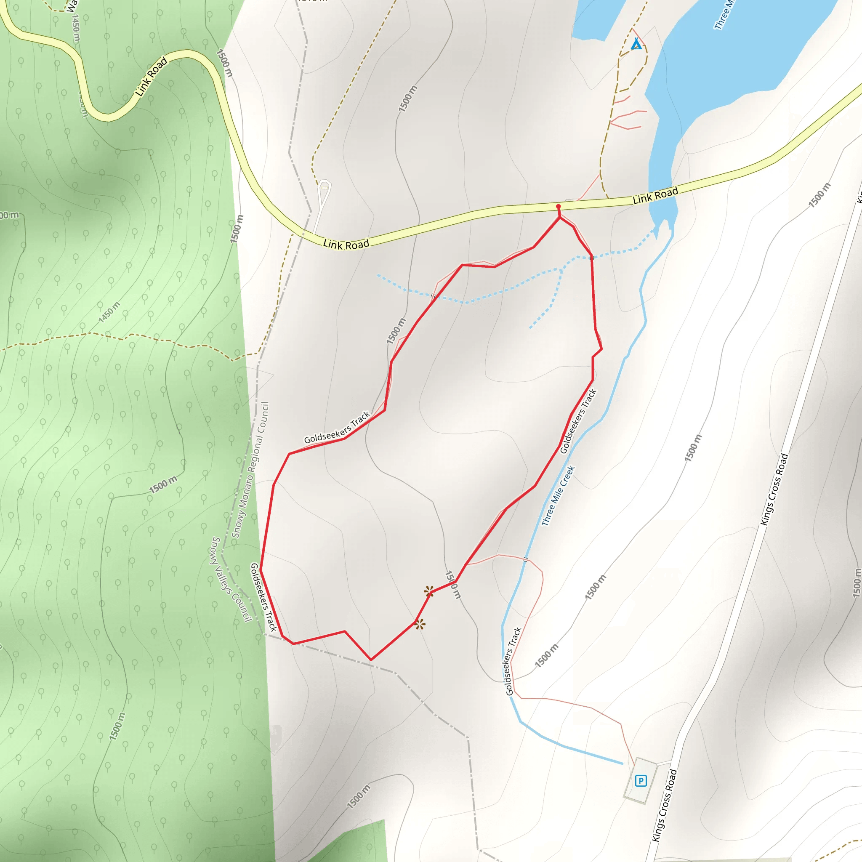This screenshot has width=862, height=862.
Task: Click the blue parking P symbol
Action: (x=641, y=781)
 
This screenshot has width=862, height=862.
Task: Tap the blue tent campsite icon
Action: (x=637, y=44)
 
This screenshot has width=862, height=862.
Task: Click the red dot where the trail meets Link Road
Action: (x=558, y=207)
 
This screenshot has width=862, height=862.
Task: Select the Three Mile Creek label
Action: (x=558, y=496)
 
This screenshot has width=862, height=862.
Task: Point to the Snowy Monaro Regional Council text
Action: (x=251, y=470)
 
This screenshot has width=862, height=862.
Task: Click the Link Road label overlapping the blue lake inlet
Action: (x=655, y=195)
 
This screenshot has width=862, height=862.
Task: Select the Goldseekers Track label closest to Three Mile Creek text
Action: (x=578, y=421)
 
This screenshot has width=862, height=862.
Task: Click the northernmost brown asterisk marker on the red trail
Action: (x=429, y=592)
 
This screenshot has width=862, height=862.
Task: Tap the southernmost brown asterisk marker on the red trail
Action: (x=419, y=624)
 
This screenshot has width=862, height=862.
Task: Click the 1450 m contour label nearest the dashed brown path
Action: (x=109, y=312)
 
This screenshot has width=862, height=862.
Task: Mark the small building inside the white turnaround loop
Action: (x=325, y=187)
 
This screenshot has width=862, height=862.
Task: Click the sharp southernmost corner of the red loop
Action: (x=371, y=660)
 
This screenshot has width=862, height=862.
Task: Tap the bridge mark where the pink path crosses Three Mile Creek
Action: (x=525, y=559)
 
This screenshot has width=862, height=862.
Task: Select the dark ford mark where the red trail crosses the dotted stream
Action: (x=591, y=258)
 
